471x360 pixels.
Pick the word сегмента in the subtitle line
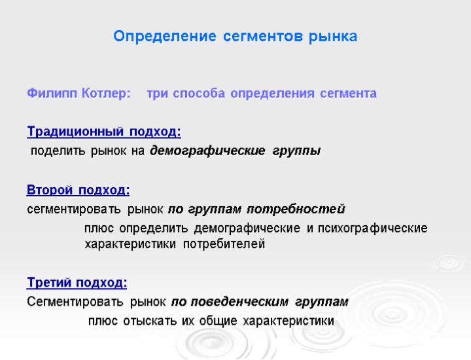click(348, 94)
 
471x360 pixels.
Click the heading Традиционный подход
click(103, 132)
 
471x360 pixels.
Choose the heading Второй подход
click(78, 190)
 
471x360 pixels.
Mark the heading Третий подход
click(77, 283)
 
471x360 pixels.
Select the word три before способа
click(156, 94)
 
